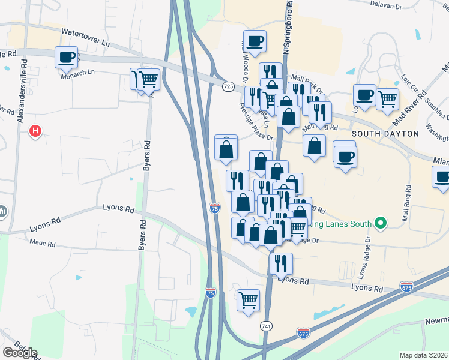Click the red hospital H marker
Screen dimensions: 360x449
click(x=35, y=130)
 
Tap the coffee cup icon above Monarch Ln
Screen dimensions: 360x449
click(x=66, y=58)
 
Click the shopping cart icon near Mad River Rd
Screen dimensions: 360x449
click(x=388, y=98)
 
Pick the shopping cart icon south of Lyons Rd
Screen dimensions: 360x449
click(x=248, y=299)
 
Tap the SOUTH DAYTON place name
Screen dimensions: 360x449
click(x=384, y=133)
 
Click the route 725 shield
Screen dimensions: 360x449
click(x=228, y=88)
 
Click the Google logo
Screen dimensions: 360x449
click(x=20, y=352)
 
